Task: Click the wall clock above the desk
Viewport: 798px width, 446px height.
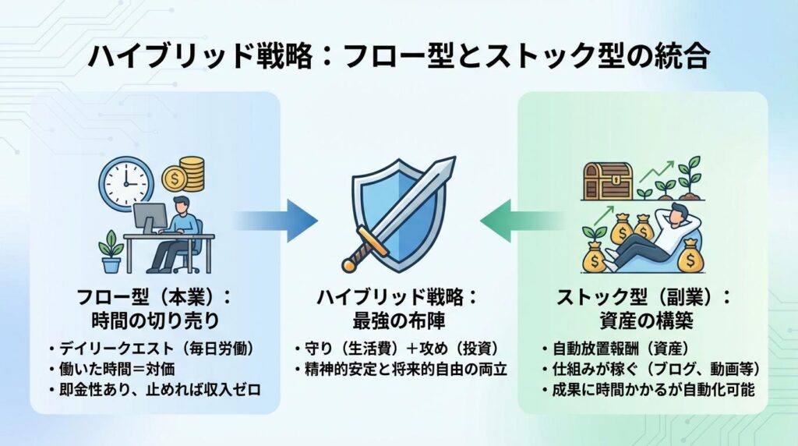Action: (x=125, y=182)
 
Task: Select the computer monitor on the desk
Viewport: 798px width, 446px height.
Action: (x=150, y=218)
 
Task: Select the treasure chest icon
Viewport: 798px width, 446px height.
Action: (x=608, y=182)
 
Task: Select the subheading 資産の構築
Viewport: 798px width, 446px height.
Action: (x=644, y=320)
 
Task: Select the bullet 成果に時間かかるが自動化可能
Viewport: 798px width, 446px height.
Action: (x=647, y=388)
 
